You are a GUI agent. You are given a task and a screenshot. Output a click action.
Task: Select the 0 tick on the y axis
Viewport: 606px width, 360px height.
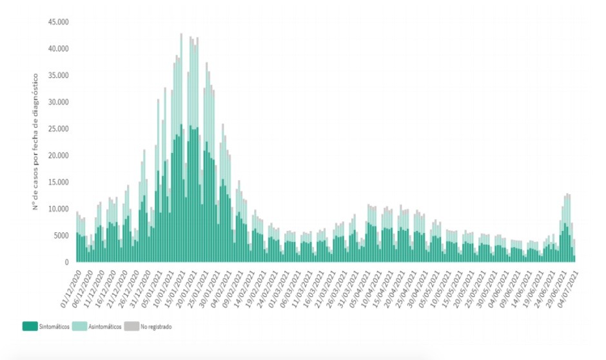click(66, 263)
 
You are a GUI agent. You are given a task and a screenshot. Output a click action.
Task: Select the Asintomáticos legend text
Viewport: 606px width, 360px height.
click(106, 327)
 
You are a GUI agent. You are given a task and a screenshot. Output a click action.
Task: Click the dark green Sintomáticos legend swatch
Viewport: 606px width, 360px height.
click(30, 327)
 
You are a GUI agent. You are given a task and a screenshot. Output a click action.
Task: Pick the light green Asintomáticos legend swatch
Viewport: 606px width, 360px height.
click(79, 327)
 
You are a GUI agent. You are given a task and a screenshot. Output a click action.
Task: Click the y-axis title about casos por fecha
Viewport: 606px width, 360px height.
click(36, 142)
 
